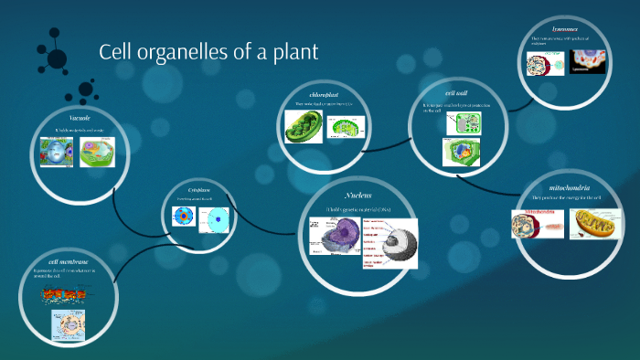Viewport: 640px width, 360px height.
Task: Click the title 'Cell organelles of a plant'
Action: [208, 52]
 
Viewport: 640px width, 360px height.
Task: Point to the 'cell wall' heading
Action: [457, 93]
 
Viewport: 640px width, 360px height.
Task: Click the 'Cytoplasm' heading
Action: [199, 189]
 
